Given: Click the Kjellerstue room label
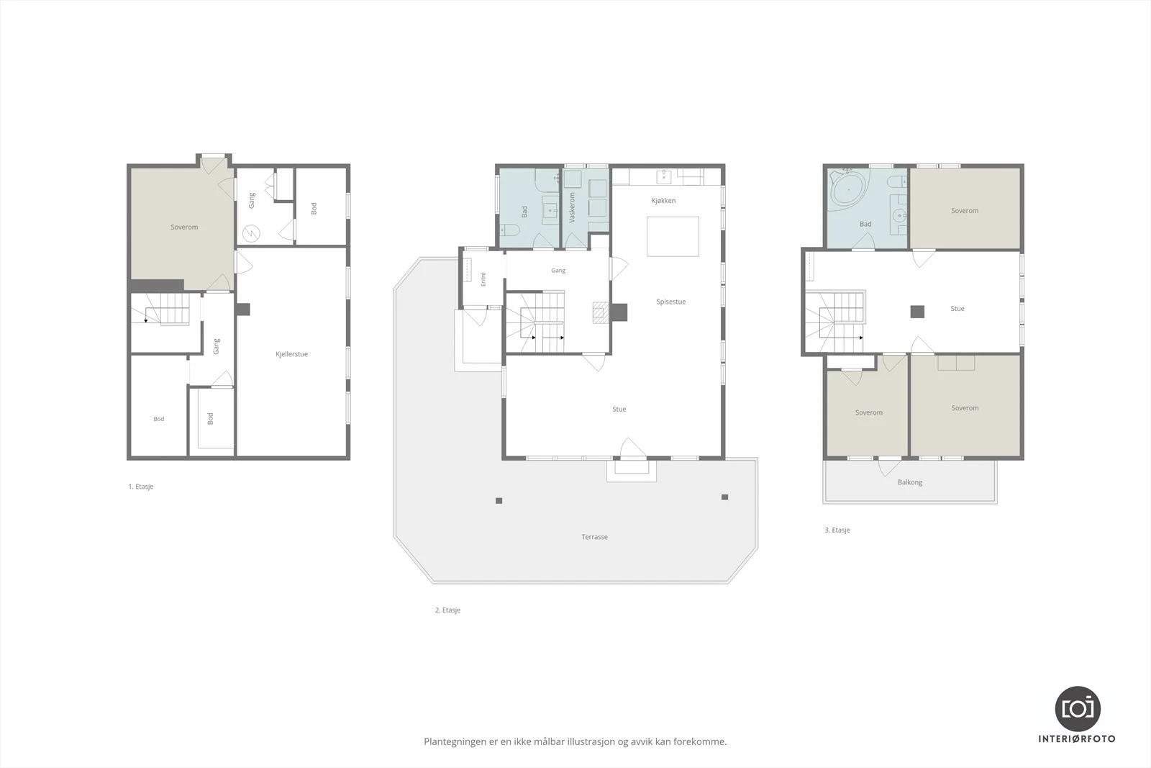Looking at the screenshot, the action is click(291, 354).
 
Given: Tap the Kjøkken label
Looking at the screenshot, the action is click(663, 201).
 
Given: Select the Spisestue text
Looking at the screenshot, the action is click(671, 302).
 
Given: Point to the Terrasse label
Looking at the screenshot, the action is click(594, 537).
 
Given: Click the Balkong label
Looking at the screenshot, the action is click(910, 482).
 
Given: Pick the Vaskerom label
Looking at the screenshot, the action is click(572, 208).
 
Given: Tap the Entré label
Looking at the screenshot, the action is click(483, 279).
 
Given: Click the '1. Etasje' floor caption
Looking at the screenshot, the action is click(141, 487).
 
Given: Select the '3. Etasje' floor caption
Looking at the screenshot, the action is click(837, 530).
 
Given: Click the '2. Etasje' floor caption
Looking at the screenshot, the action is click(447, 610).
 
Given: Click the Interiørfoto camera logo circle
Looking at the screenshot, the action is click(1078, 709).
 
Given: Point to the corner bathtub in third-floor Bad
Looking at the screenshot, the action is click(848, 190).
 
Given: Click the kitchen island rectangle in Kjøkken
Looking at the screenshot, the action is click(673, 237).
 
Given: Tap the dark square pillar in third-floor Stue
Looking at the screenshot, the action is click(917, 312).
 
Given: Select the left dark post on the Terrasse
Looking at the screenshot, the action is click(499, 501).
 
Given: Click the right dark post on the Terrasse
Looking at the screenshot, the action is click(724, 497).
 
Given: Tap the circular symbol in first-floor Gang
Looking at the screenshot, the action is click(251, 234).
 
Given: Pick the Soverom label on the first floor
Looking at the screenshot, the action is click(184, 227).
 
